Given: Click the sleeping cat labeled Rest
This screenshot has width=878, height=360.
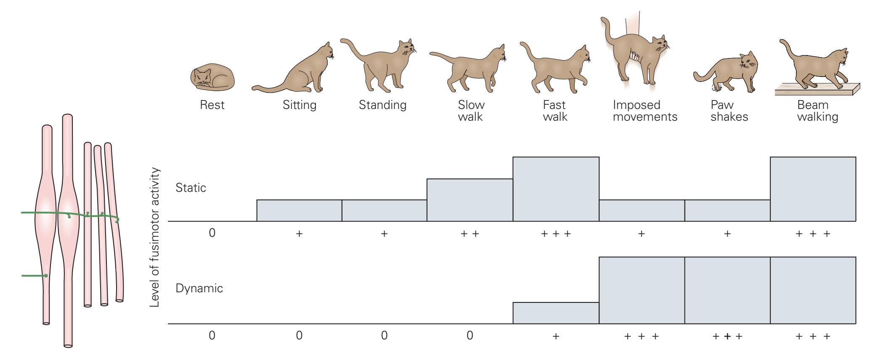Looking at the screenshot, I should (x=212, y=78).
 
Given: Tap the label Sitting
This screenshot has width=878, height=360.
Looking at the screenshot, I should (x=299, y=105).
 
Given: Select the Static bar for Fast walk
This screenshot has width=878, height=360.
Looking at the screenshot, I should (x=556, y=189).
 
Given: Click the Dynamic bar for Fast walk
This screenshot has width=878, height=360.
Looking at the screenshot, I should (x=556, y=313).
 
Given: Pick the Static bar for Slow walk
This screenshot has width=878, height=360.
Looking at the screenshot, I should (x=470, y=200).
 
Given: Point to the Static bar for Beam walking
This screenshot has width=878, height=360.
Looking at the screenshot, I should (x=813, y=189).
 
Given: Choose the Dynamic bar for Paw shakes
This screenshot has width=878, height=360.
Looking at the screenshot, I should (x=727, y=290).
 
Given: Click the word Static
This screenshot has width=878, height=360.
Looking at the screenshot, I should (x=191, y=188).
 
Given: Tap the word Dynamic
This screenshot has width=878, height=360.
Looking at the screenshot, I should (x=199, y=289).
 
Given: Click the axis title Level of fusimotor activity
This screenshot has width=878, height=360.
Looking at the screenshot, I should (x=155, y=237).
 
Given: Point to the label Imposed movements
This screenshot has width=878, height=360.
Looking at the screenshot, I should (x=645, y=111).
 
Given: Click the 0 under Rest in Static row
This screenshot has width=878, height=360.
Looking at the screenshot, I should (x=212, y=233).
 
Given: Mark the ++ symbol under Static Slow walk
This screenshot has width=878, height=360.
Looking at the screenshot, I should (x=470, y=233).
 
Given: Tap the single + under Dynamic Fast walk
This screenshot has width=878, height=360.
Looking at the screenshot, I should (x=556, y=336).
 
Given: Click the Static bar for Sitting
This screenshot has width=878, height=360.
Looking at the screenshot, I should (x=299, y=210).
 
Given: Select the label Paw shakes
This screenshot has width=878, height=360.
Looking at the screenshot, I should (x=729, y=111).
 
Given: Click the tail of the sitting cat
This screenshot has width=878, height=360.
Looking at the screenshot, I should (x=269, y=88).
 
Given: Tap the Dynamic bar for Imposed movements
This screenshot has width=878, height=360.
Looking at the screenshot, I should (x=642, y=290).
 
